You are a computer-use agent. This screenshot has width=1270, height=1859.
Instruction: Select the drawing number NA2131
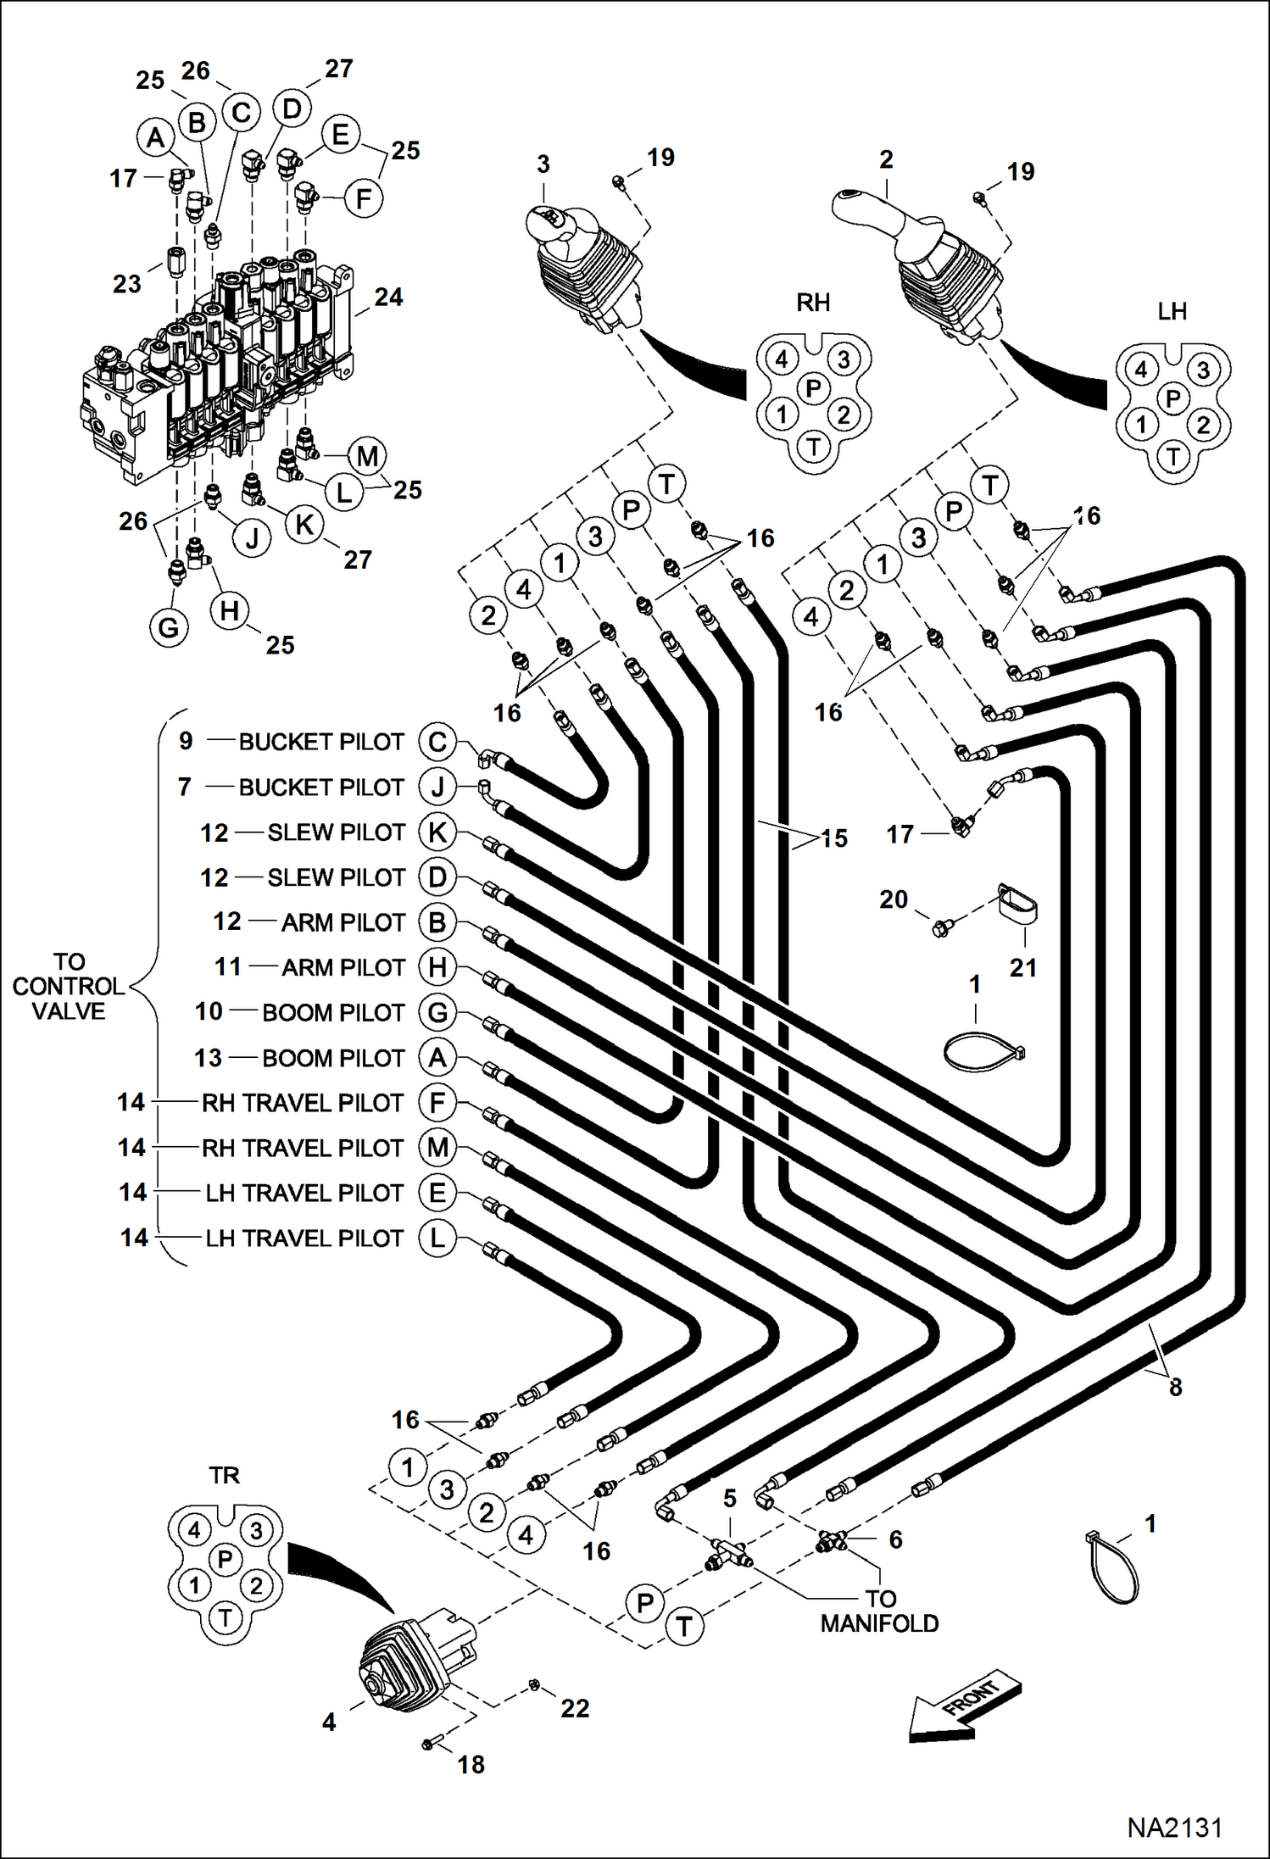click(1173, 1827)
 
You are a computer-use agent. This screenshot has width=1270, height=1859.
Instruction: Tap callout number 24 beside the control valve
click(388, 297)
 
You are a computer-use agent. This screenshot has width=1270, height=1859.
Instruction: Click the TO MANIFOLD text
click(879, 1611)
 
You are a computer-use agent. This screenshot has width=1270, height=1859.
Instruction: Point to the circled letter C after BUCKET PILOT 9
click(437, 742)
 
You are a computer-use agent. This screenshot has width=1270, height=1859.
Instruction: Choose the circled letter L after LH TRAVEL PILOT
click(437, 1238)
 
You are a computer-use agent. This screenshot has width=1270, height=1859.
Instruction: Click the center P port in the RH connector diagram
click(813, 388)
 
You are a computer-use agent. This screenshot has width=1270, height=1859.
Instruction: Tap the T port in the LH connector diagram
click(1173, 457)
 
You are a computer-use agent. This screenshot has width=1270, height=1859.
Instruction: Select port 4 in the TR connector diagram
click(194, 1530)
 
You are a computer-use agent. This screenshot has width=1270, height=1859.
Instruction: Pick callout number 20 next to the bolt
click(894, 899)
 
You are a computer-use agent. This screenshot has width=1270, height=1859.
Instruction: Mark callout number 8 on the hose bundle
click(1175, 1387)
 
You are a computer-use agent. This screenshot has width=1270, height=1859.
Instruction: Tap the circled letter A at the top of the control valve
click(155, 137)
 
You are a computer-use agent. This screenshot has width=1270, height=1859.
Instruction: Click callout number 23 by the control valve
click(127, 284)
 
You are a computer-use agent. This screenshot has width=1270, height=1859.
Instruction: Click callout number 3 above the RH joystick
click(543, 164)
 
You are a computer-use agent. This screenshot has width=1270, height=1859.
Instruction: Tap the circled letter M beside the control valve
click(367, 456)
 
